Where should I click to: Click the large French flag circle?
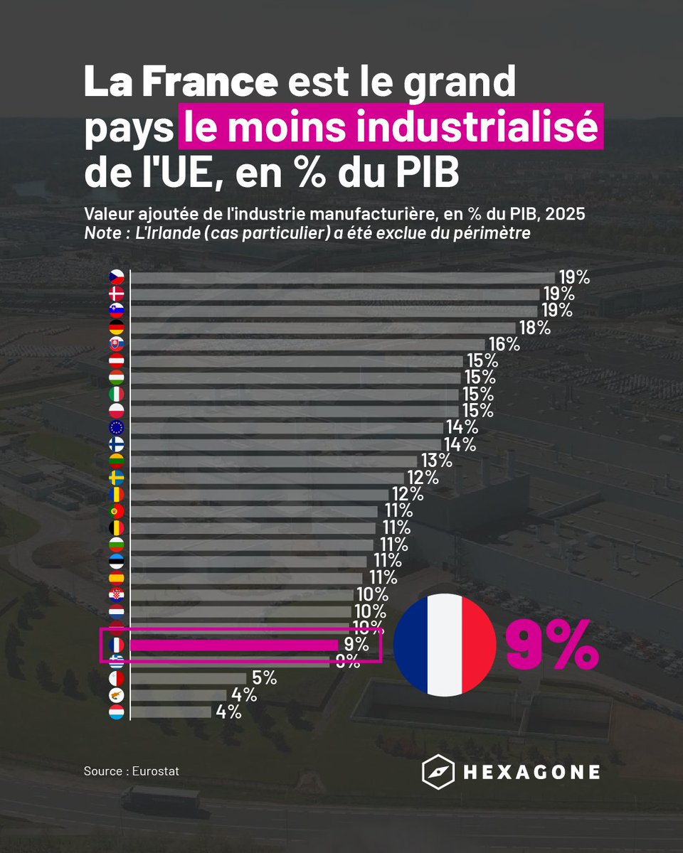point(445,645)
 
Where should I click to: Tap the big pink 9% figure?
point(552,645)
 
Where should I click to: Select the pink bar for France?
point(234,645)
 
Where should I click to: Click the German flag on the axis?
point(116,327)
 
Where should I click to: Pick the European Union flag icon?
point(116,428)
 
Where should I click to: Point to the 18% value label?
point(534,327)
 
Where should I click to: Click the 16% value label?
point(504,344)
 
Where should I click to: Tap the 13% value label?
point(435,461)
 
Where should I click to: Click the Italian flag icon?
point(116,394)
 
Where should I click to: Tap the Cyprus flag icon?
point(116,695)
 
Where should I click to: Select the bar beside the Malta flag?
point(188,678)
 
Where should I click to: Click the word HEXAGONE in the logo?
point(531,772)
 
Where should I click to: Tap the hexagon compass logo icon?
point(438,772)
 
